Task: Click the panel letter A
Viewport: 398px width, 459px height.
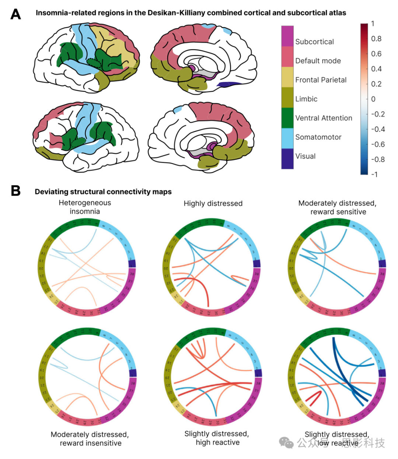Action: pos(15,14)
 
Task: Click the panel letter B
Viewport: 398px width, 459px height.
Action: pos(15,191)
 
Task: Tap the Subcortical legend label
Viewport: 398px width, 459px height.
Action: pos(314,42)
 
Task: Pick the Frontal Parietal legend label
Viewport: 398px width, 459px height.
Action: pos(321,80)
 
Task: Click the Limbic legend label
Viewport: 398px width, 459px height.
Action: pos(306,99)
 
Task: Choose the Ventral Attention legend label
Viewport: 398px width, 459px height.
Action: pos(324,118)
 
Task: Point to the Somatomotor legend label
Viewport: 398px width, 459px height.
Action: pos(318,137)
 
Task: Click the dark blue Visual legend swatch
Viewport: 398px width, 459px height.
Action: pos(287,159)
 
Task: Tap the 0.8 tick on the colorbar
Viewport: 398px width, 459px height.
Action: pos(376,39)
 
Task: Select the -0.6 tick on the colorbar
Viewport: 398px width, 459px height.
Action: pos(377,144)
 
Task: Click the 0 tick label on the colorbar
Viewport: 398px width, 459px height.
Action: pos(373,99)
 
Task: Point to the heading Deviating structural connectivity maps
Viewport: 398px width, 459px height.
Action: pos(103,191)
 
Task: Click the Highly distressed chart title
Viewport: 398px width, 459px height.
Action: pos(213,203)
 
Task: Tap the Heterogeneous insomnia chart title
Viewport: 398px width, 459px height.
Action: pos(85,207)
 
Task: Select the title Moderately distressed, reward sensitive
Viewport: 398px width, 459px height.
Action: pos(338,207)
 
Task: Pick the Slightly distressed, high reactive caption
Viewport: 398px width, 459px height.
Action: pos(217,438)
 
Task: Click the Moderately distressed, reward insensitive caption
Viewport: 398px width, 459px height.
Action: pos(90,439)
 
